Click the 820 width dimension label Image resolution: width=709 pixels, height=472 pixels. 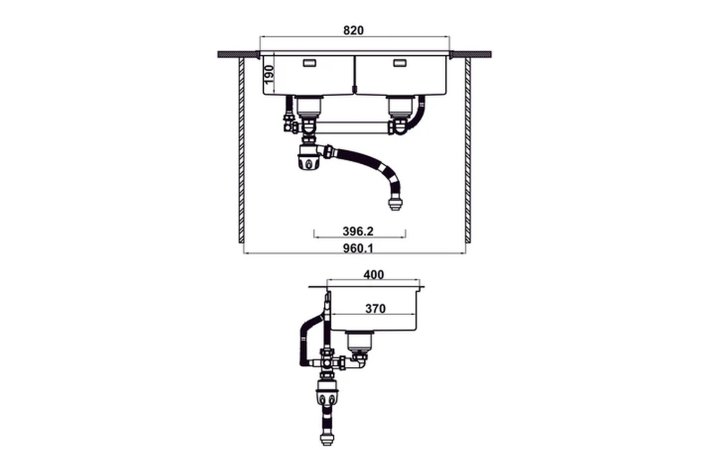(353, 30)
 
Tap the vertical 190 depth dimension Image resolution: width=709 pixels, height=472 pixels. (268, 75)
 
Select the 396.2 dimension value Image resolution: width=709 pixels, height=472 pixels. (358, 231)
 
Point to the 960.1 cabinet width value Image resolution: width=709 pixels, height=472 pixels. (358, 248)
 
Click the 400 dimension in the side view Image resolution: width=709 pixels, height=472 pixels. (373, 275)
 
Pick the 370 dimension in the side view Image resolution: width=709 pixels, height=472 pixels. (375, 309)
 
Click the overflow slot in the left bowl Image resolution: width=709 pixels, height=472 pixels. (310, 63)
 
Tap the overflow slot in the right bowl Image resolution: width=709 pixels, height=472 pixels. (399, 63)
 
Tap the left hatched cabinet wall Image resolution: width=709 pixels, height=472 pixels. (241, 151)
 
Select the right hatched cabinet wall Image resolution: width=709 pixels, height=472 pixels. (468, 151)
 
